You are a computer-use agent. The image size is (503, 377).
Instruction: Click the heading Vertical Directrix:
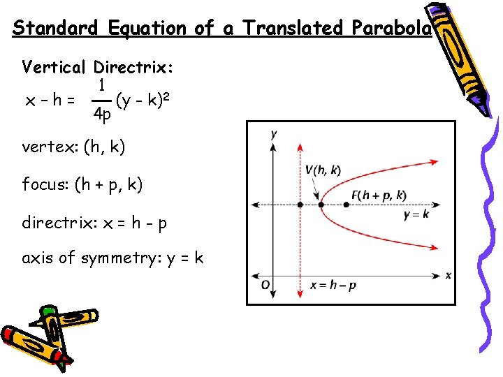pos(98,68)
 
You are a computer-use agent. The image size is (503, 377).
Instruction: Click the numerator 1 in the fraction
pos(102,85)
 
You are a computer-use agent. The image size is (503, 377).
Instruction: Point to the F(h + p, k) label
pos(379,195)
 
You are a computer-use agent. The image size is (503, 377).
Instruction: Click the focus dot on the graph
pos(347,205)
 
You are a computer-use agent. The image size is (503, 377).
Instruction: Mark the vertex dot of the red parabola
pos(321,205)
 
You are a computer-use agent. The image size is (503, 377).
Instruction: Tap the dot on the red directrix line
pos(300,205)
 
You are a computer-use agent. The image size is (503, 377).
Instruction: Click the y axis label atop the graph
pos(274,134)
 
